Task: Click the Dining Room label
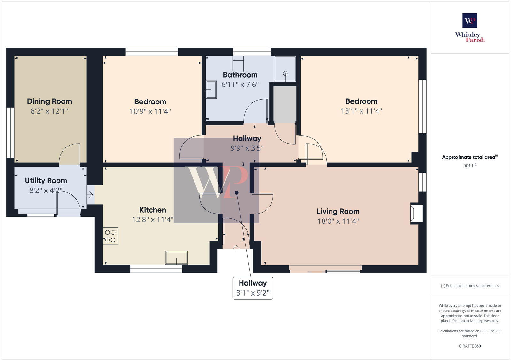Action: click(49, 101)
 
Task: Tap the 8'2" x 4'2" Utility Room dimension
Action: click(46, 191)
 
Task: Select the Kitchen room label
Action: click(153, 210)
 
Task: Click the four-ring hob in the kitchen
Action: click(110, 236)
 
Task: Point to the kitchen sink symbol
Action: click(176, 258)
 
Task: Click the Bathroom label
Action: click(240, 75)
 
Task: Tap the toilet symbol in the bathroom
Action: click(238, 64)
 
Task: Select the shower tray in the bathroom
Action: click(285, 69)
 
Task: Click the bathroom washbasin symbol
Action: click(211, 90)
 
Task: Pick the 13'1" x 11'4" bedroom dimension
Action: click(361, 111)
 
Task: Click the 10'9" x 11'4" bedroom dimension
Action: click(150, 111)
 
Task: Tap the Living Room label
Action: click(338, 211)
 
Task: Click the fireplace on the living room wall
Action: click(416, 214)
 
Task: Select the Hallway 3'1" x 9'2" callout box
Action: click(253, 288)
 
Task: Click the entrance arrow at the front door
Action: click(236, 248)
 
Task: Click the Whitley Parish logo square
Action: click(470, 21)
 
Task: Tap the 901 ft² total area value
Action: click(470, 166)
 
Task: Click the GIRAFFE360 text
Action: click(470, 346)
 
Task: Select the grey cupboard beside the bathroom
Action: click(285, 104)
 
